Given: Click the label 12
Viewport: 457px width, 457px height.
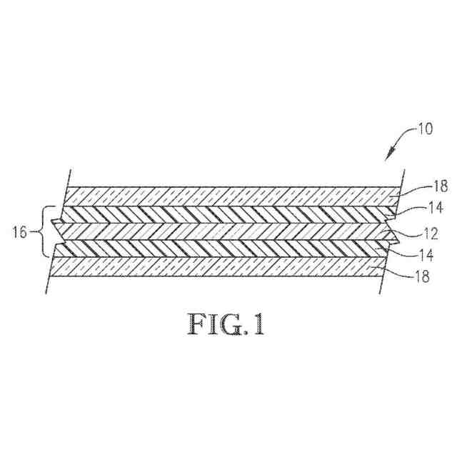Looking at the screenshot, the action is (421, 232).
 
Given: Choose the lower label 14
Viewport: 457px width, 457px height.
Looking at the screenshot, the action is (421, 253).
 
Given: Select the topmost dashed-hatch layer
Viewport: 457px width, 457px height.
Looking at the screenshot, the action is (228, 196).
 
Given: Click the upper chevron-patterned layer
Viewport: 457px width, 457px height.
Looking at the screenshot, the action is (228, 214).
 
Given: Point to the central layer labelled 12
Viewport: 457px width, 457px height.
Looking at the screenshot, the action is (228, 231).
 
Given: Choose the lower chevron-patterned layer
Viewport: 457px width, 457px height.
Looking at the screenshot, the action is (228, 248).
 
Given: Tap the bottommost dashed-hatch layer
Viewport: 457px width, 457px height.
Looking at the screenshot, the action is (228, 266).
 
